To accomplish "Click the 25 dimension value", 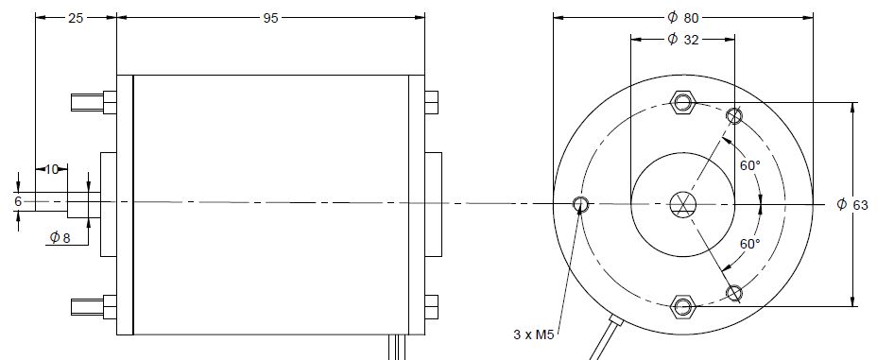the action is tap(76, 18).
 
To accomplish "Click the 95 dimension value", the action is tap(270, 18).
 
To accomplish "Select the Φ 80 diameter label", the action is tap(683, 18).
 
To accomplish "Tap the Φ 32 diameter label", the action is tap(683, 40).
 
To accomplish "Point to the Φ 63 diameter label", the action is tap(852, 204).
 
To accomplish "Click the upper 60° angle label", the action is tap(750, 165).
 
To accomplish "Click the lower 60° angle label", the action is tap(750, 245).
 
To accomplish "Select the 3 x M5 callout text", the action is tap(534, 334).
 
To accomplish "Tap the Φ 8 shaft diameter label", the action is tap(60, 237).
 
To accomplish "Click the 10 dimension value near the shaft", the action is tap(52, 169).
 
